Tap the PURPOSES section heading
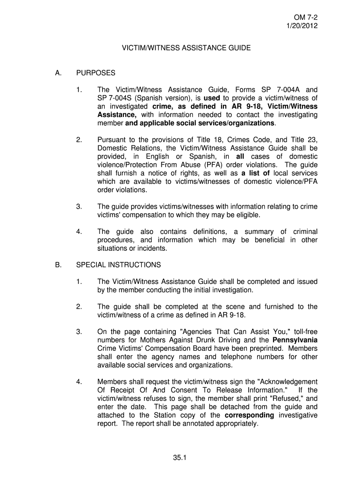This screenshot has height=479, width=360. coord(95,73)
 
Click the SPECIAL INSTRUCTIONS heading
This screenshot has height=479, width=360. coord(118,265)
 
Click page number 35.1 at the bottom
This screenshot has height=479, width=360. coord(180,458)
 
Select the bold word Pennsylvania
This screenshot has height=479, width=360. coord(295,340)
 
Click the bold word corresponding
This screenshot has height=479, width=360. coord(249,415)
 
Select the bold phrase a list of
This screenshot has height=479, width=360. coord(256,173)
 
